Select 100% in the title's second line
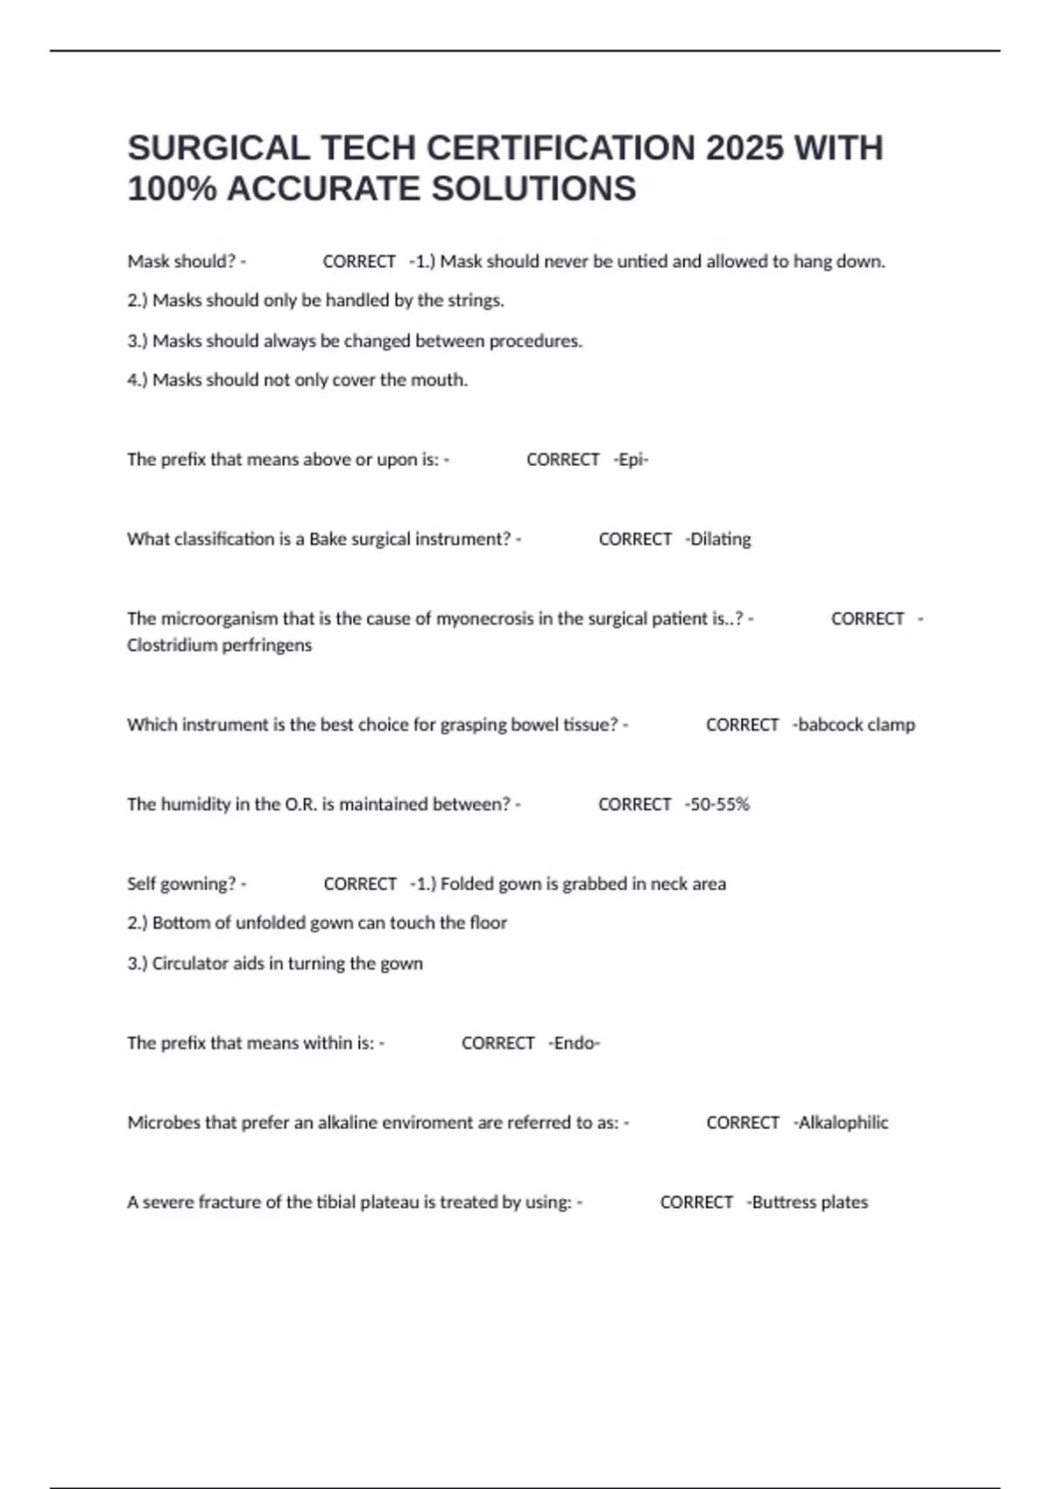point(172,189)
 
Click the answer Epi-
point(632,460)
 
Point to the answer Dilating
point(720,540)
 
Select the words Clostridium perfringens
point(219,646)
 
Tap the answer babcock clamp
point(856,725)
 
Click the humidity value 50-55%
point(719,805)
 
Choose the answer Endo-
point(576,1043)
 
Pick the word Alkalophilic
point(843,1123)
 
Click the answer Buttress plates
point(809,1203)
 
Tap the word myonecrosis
point(484,619)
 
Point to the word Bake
point(328,540)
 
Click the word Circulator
point(190,963)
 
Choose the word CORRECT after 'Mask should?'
point(359,262)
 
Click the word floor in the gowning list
point(487,923)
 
